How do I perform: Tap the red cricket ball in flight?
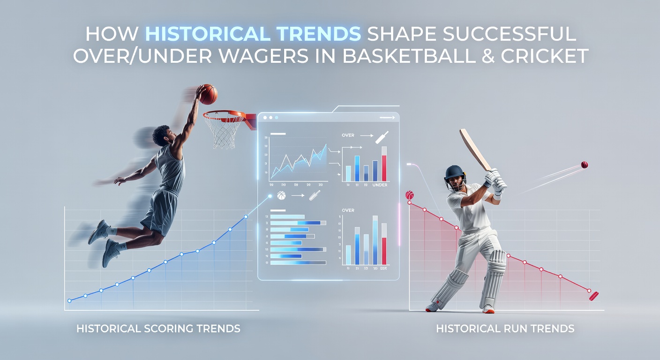(x=584, y=165)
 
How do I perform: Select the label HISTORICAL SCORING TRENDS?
(x=158, y=329)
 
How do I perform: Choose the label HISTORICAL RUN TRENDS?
(x=505, y=329)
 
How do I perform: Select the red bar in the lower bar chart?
(x=384, y=251)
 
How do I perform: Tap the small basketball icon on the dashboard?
(x=282, y=195)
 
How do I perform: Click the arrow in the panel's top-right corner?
(x=387, y=118)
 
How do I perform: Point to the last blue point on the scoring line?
(x=246, y=217)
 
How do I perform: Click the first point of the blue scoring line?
(x=69, y=300)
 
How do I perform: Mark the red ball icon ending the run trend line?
(x=593, y=295)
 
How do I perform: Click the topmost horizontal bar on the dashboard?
(x=295, y=217)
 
